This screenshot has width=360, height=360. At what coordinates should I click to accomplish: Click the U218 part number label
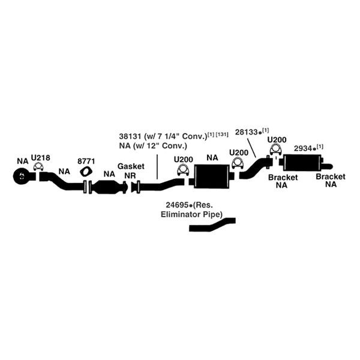[40, 158]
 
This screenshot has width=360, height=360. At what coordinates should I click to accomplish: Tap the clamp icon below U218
[38, 166]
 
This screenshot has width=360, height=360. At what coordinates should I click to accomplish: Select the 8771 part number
[86, 161]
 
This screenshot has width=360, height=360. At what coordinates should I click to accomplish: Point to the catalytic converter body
[107, 187]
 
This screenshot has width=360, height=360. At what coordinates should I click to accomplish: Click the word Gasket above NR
[131, 166]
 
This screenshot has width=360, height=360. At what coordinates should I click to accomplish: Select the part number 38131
[130, 136]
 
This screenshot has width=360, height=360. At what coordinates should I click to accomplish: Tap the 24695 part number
[177, 205]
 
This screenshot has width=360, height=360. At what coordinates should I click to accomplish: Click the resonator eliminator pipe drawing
[212, 225]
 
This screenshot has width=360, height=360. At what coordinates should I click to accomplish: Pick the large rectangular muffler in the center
[212, 176]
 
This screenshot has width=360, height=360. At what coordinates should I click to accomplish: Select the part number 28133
[246, 132]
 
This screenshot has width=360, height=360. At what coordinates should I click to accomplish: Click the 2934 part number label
[303, 149]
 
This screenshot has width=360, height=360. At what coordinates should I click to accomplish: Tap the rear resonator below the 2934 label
[302, 163]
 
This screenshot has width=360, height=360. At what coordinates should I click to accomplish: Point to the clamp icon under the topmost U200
[276, 150]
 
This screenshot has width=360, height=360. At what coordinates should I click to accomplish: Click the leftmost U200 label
[183, 160]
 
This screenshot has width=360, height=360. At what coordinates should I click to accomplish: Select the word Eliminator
[181, 214]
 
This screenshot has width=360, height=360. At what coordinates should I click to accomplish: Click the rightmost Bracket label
[331, 176]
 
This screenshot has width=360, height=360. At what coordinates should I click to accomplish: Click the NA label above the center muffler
[212, 158]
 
